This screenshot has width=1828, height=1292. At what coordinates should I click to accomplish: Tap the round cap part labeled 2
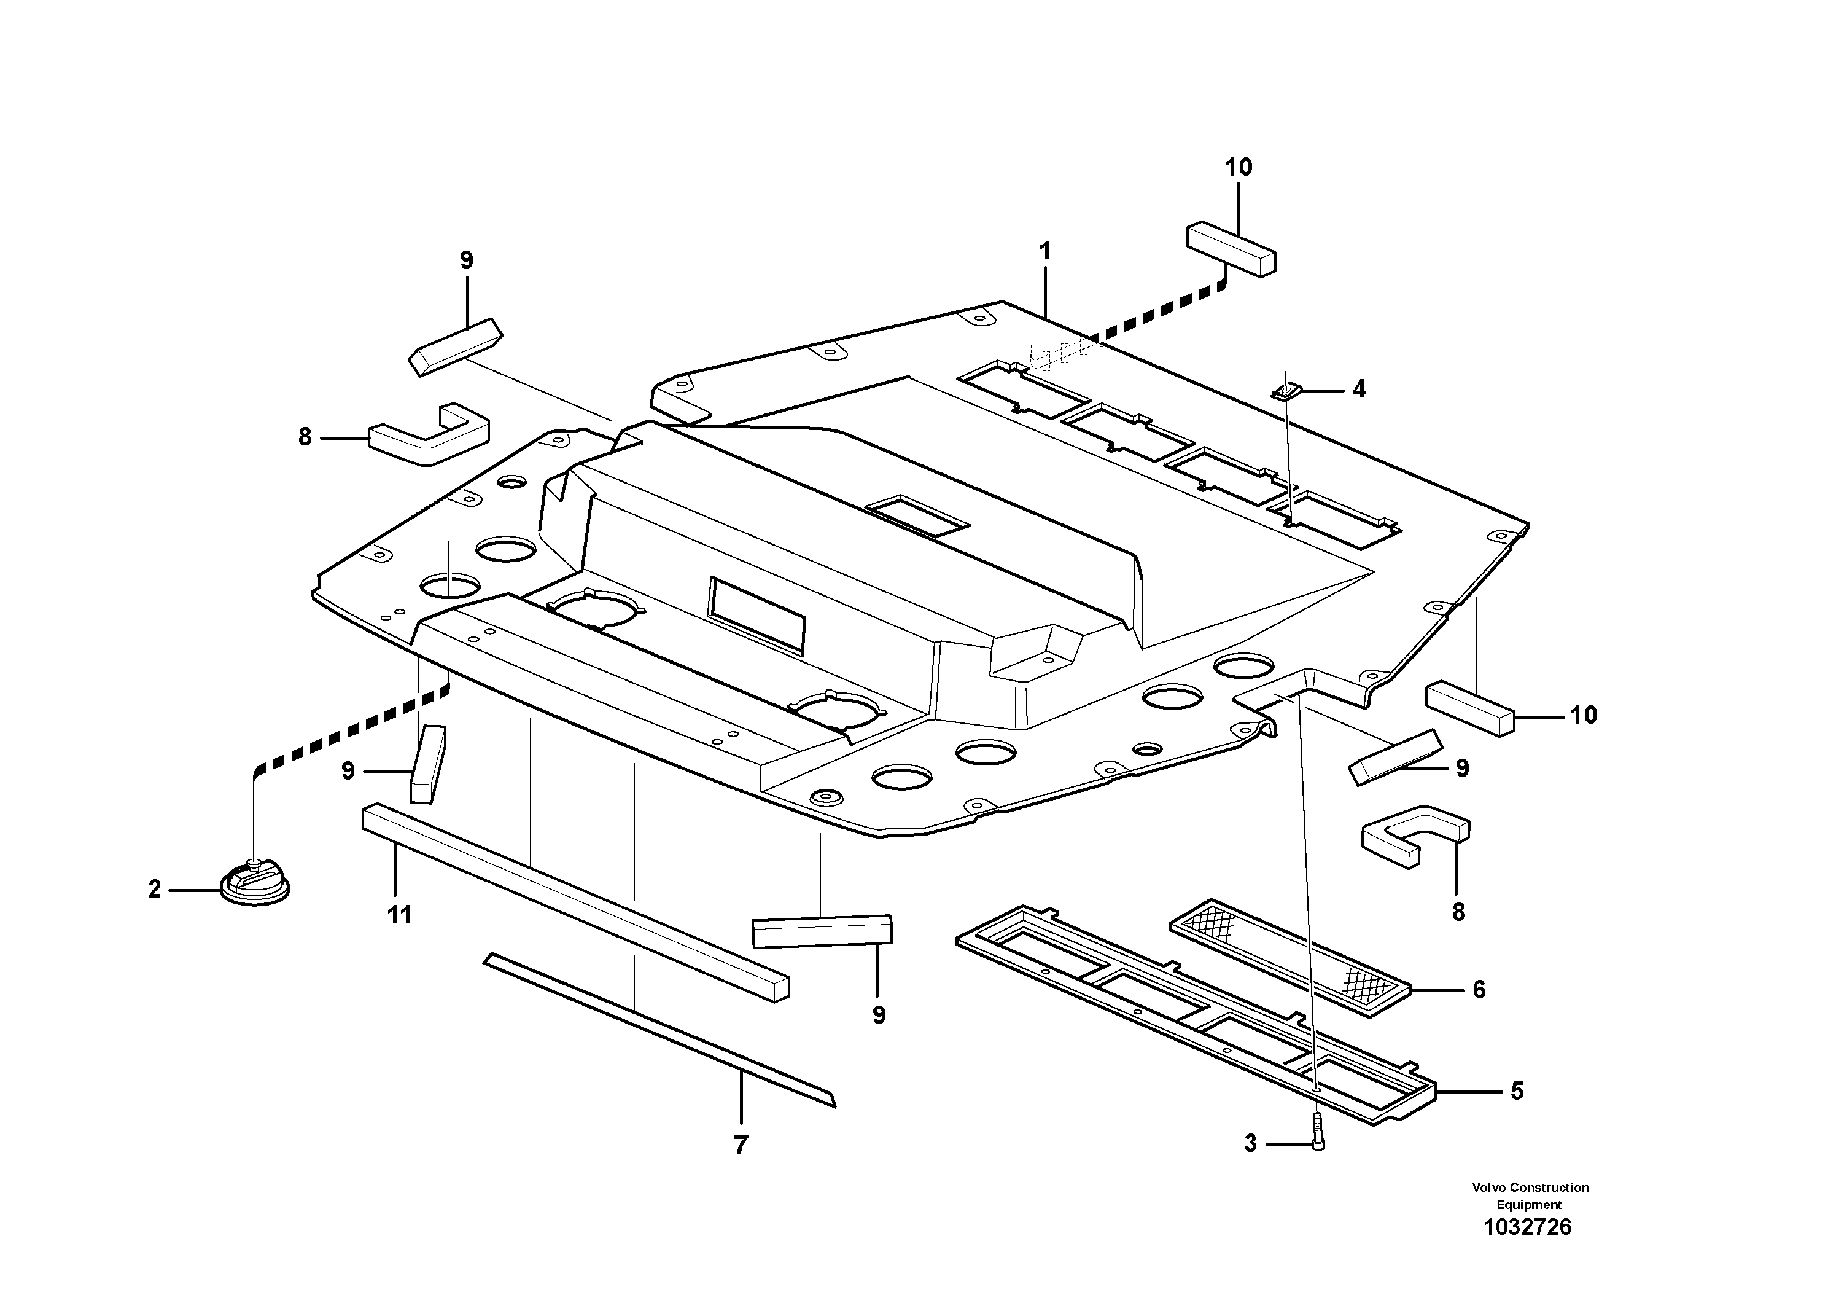tap(254, 884)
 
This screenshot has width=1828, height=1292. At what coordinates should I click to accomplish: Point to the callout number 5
tap(1517, 1090)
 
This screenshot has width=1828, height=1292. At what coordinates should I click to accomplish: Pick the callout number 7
tap(741, 1145)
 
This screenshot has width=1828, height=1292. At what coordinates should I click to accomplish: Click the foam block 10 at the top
tap(1231, 249)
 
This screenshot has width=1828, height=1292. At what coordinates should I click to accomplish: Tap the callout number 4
tap(1359, 390)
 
